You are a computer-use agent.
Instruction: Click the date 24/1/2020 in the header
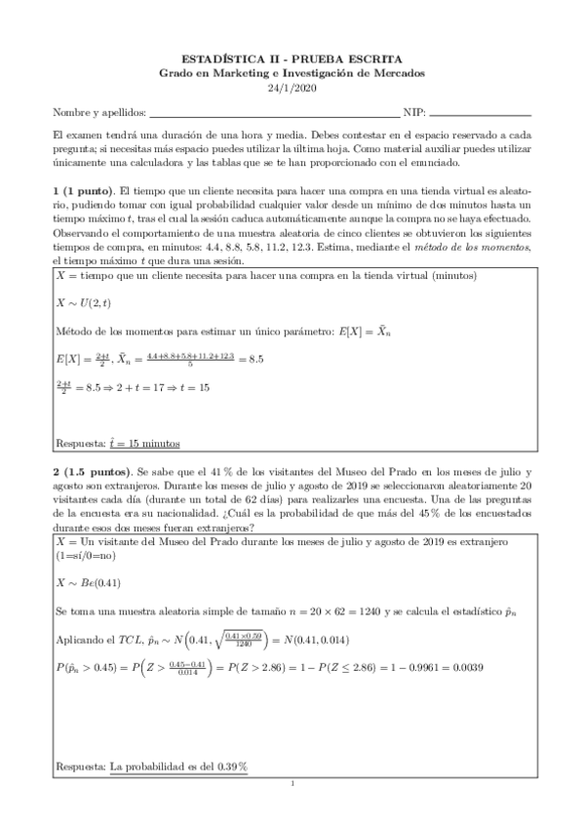coord(292,88)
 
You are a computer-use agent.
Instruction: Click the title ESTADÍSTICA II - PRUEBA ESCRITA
coord(292,60)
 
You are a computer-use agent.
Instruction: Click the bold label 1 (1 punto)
coord(82,187)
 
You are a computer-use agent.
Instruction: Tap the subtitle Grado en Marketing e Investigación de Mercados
coord(292,74)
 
